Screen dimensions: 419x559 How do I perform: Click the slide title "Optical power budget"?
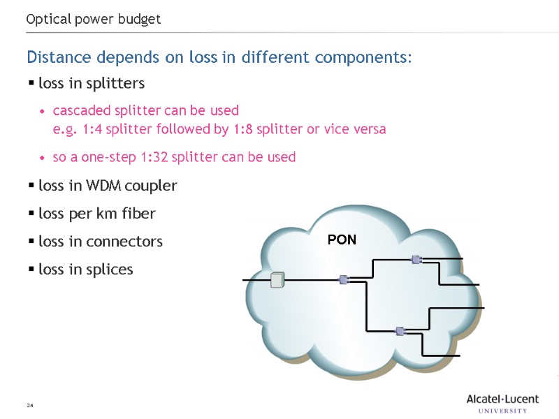pos(94,20)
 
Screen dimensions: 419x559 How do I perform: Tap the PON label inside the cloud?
pos(342,240)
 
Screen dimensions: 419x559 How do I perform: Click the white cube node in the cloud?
pos(278,280)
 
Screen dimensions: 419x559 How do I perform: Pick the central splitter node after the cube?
pos(344,279)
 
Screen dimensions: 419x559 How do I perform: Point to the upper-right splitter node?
pos(416,260)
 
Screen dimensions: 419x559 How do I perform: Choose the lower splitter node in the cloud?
pos(400,331)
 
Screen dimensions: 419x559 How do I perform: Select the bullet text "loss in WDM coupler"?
pos(108,186)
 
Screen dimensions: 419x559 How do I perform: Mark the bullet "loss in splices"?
pos(86,269)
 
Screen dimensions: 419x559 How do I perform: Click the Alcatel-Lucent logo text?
pos(502,399)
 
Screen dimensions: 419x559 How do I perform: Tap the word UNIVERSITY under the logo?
pos(502,411)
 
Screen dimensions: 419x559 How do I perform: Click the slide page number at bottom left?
pos(30,406)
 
